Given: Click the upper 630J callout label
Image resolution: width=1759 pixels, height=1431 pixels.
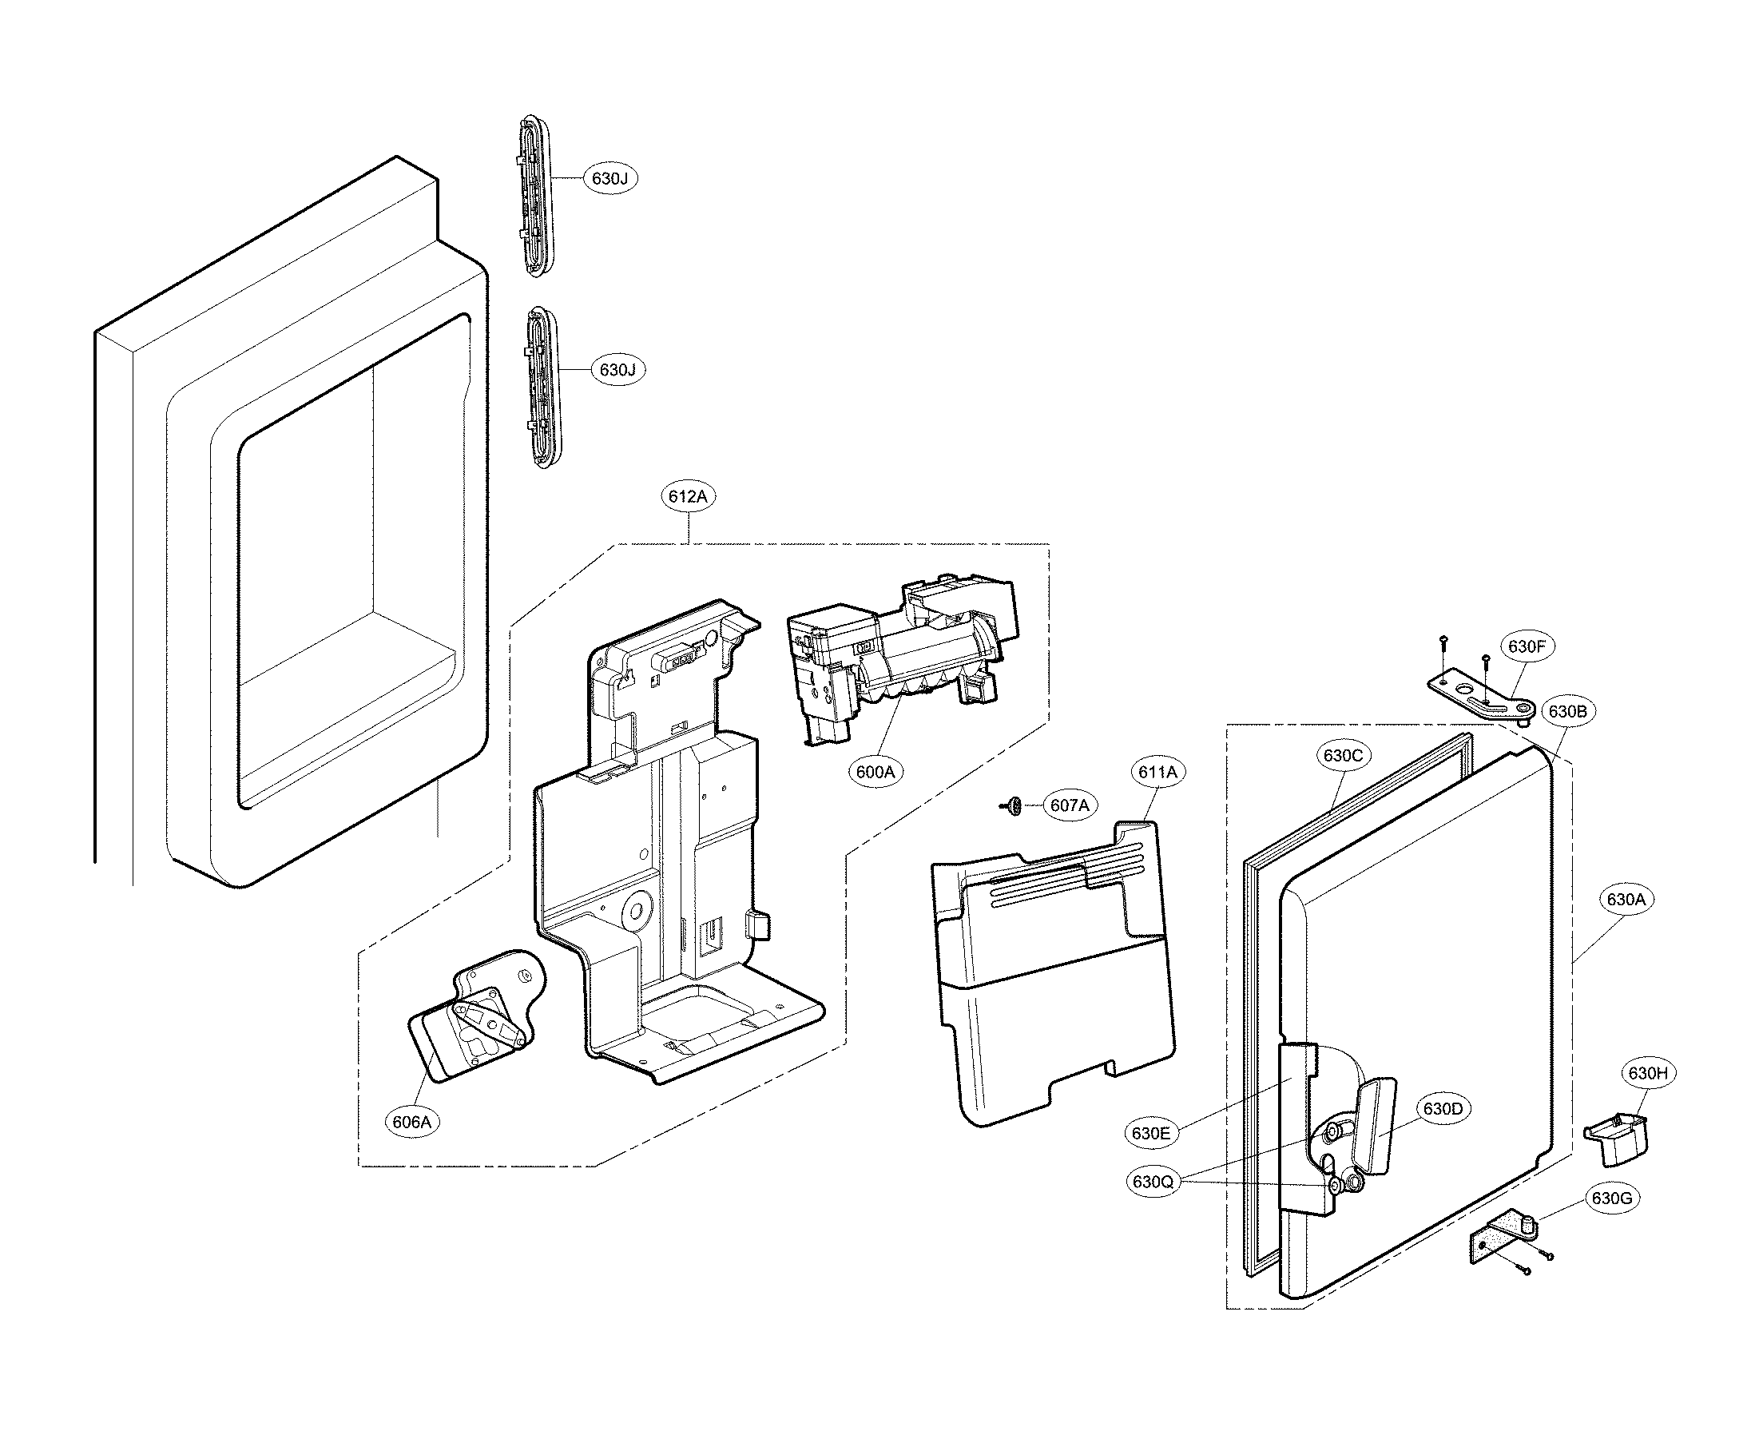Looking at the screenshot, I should tap(610, 178).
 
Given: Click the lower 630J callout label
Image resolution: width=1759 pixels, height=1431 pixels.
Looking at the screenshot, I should tap(617, 370).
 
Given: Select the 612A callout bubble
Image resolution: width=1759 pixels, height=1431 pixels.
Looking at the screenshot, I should tap(689, 496).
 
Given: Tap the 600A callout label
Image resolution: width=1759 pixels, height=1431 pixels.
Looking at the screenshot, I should tap(876, 772).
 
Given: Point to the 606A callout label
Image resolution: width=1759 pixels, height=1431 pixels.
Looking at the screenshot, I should tap(411, 1122).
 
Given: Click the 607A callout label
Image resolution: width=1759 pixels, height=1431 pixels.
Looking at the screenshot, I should tap(1069, 805).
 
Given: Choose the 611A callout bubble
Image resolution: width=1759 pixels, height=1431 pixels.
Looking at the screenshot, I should tap(1157, 773).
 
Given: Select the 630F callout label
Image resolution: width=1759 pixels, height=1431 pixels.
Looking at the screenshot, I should tap(1527, 647).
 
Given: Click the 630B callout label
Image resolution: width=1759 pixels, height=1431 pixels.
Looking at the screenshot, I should tap(1567, 711).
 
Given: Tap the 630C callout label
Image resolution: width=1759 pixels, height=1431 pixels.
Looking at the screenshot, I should tap(1343, 755).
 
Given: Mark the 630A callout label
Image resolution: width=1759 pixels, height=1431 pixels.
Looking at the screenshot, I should tap(1626, 900).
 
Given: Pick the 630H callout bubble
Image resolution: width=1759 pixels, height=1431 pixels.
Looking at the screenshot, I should tap(1648, 1073).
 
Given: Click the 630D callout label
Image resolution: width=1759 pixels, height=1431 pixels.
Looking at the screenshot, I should tap(1443, 1109).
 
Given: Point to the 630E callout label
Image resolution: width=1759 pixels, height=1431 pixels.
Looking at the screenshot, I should tap(1150, 1134).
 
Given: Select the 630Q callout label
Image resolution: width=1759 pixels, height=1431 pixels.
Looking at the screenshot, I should tap(1153, 1182).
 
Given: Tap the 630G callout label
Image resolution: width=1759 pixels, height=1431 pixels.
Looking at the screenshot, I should tap(1611, 1198).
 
